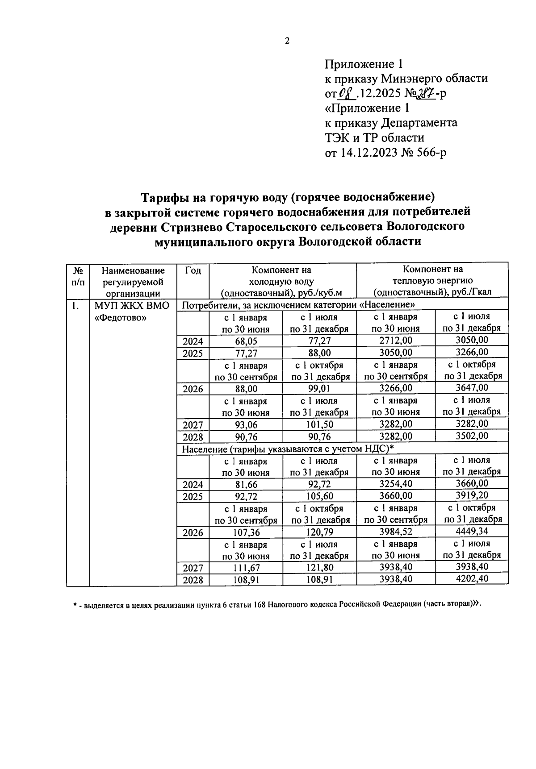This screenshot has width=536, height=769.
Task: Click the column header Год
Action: coord(193,270)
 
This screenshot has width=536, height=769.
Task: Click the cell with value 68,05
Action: coord(246,341)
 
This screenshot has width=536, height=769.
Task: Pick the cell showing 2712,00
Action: coord(395,341)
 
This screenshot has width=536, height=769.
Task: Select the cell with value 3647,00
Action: coord(471,387)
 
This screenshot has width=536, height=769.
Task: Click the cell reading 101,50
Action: coord(319,424)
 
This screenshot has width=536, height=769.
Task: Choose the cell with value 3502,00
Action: coord(471,436)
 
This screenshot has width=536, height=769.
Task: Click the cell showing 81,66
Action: coord(246,485)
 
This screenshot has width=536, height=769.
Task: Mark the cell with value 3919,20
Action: coord(471,495)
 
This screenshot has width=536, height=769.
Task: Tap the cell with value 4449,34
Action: coord(471,531)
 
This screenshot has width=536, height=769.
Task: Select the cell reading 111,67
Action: coord(246,568)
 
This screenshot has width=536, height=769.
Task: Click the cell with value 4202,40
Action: coord(471,578)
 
